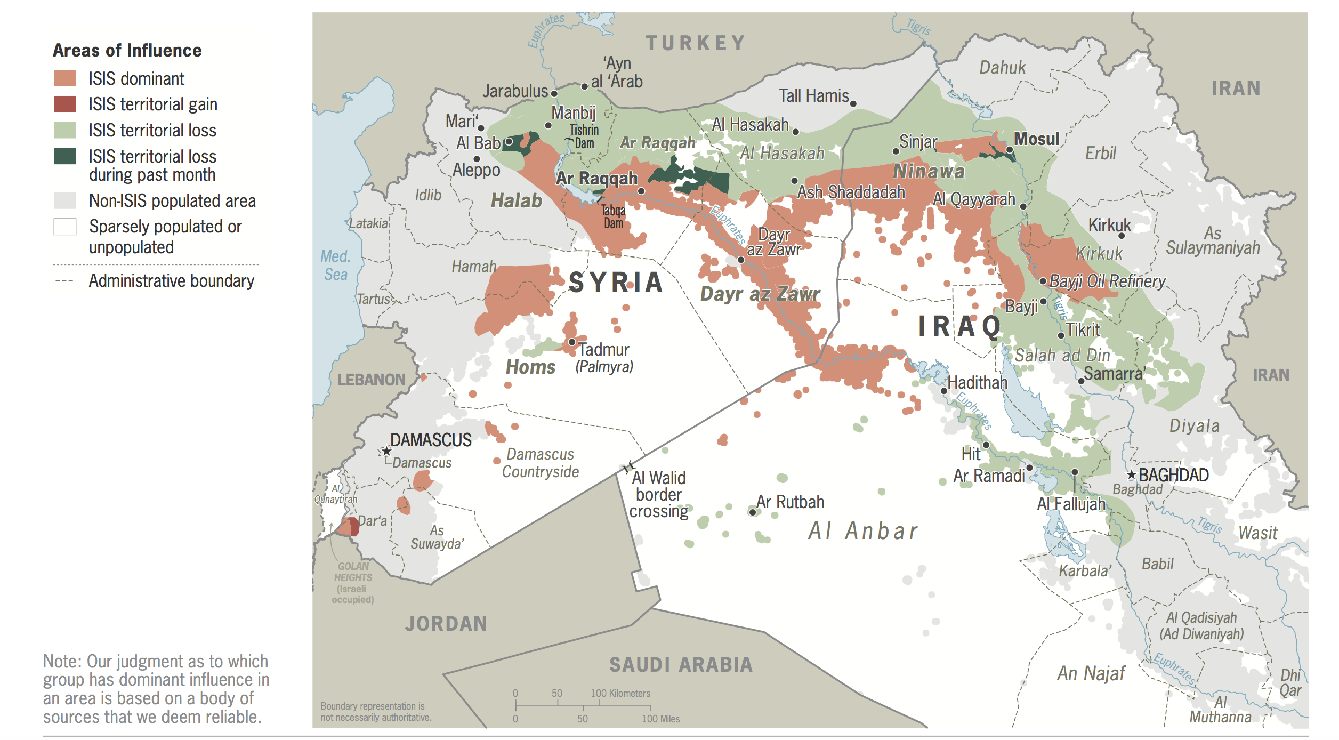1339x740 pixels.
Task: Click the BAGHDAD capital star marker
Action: (1132, 474)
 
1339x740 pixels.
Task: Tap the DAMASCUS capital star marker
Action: (386, 451)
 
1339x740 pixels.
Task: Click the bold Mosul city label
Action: (1036, 139)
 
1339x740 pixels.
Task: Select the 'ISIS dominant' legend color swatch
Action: (65, 78)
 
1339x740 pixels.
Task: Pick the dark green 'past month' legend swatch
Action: (65, 156)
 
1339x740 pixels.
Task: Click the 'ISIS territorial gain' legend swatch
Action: (65, 104)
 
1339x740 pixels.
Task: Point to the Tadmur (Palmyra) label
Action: (604, 357)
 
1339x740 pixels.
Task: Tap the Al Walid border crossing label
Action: (659, 494)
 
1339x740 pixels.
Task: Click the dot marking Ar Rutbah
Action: (753, 512)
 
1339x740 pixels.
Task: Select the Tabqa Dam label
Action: (614, 217)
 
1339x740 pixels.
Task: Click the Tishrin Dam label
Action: (584, 136)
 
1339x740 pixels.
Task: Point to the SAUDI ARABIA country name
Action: (681, 665)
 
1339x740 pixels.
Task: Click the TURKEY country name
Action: (696, 43)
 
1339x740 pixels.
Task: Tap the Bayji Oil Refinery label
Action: (1107, 281)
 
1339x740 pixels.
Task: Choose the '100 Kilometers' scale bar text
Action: (620, 693)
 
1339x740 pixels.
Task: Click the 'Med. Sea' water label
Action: (335, 265)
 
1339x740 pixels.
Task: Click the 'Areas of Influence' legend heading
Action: (127, 50)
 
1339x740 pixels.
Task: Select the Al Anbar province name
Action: (863, 530)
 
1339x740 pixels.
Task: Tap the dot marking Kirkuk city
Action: (1122, 235)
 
